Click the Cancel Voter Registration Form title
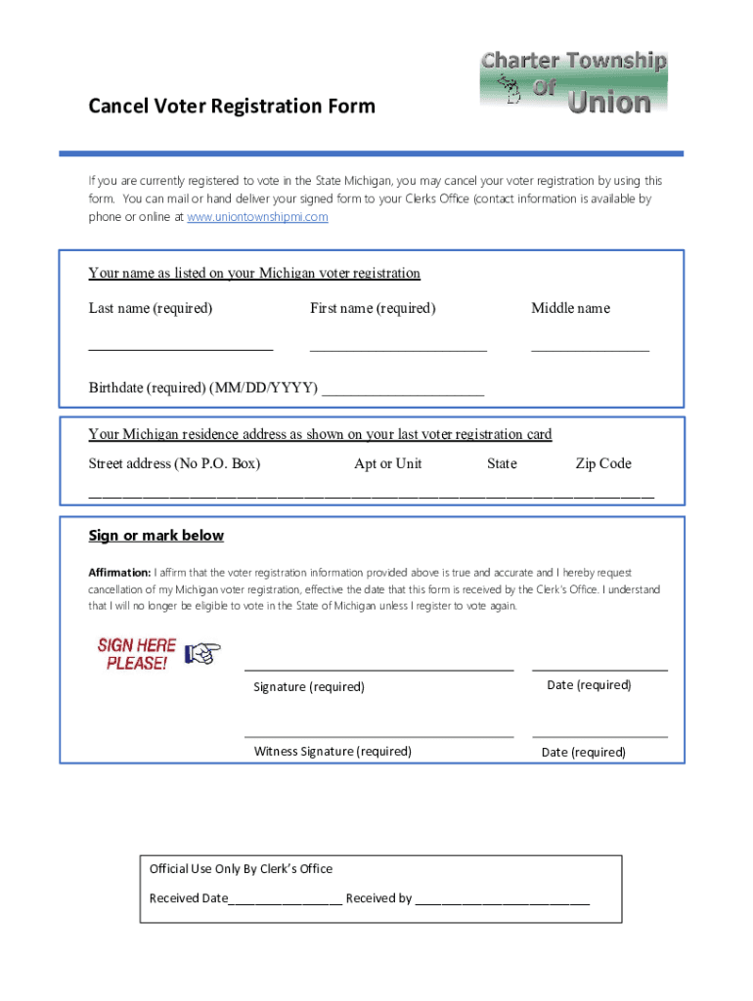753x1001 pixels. pyautogui.click(x=232, y=106)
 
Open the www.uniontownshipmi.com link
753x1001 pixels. pyautogui.click(x=257, y=217)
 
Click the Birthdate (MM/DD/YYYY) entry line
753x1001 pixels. pyautogui.click(x=403, y=393)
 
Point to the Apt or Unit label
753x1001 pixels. pyautogui.click(x=388, y=463)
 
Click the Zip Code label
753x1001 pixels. pyautogui.click(x=603, y=463)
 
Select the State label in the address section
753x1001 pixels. pyautogui.click(x=502, y=463)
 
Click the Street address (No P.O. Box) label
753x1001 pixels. pyautogui.click(x=174, y=463)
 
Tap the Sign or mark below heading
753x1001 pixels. pyautogui.click(x=155, y=536)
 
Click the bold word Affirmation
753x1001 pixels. pyautogui.click(x=119, y=572)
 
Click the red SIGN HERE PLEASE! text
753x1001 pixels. pyautogui.click(x=136, y=654)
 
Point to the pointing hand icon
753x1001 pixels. pyautogui.click(x=203, y=652)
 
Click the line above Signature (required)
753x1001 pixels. pyautogui.click(x=378, y=670)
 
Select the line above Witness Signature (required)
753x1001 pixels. pyautogui.click(x=378, y=736)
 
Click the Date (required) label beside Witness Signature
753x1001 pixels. pyautogui.click(x=584, y=752)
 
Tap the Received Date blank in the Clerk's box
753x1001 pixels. pyautogui.click(x=285, y=903)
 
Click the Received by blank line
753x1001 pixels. pyautogui.click(x=503, y=903)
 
